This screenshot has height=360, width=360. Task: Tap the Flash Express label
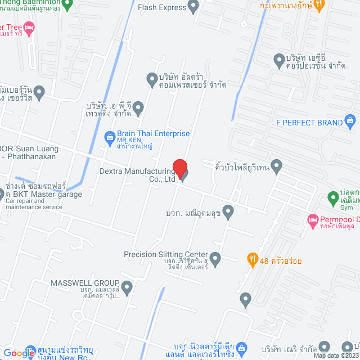tap(162, 7)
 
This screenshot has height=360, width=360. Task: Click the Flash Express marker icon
tap(194, 7)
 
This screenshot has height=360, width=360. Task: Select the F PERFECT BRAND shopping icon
tap(350, 121)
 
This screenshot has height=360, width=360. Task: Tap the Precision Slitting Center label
tap(166, 255)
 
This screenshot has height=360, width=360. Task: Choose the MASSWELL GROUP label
tap(85, 283)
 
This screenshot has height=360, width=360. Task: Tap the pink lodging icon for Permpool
tap(313, 220)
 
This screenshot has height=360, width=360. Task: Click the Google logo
tap(19, 353)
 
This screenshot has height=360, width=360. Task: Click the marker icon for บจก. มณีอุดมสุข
tap(228, 212)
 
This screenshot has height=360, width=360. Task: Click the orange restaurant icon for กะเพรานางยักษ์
tap(319, 5)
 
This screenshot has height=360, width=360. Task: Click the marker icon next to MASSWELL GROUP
tap(127, 290)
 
